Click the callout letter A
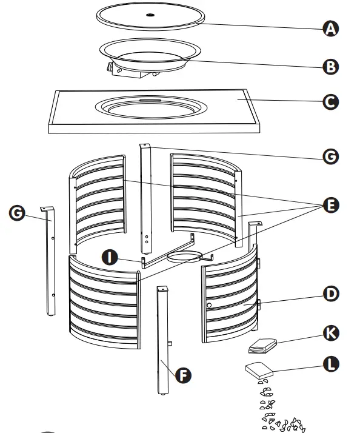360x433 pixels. [x=330, y=28]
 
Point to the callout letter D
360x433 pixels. [x=330, y=295]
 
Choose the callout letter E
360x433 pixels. [x=330, y=206]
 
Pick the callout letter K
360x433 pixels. [x=330, y=333]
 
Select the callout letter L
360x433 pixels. [x=330, y=364]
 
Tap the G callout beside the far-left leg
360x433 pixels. [x=19, y=213]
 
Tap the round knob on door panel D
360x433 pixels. [x=209, y=306]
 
